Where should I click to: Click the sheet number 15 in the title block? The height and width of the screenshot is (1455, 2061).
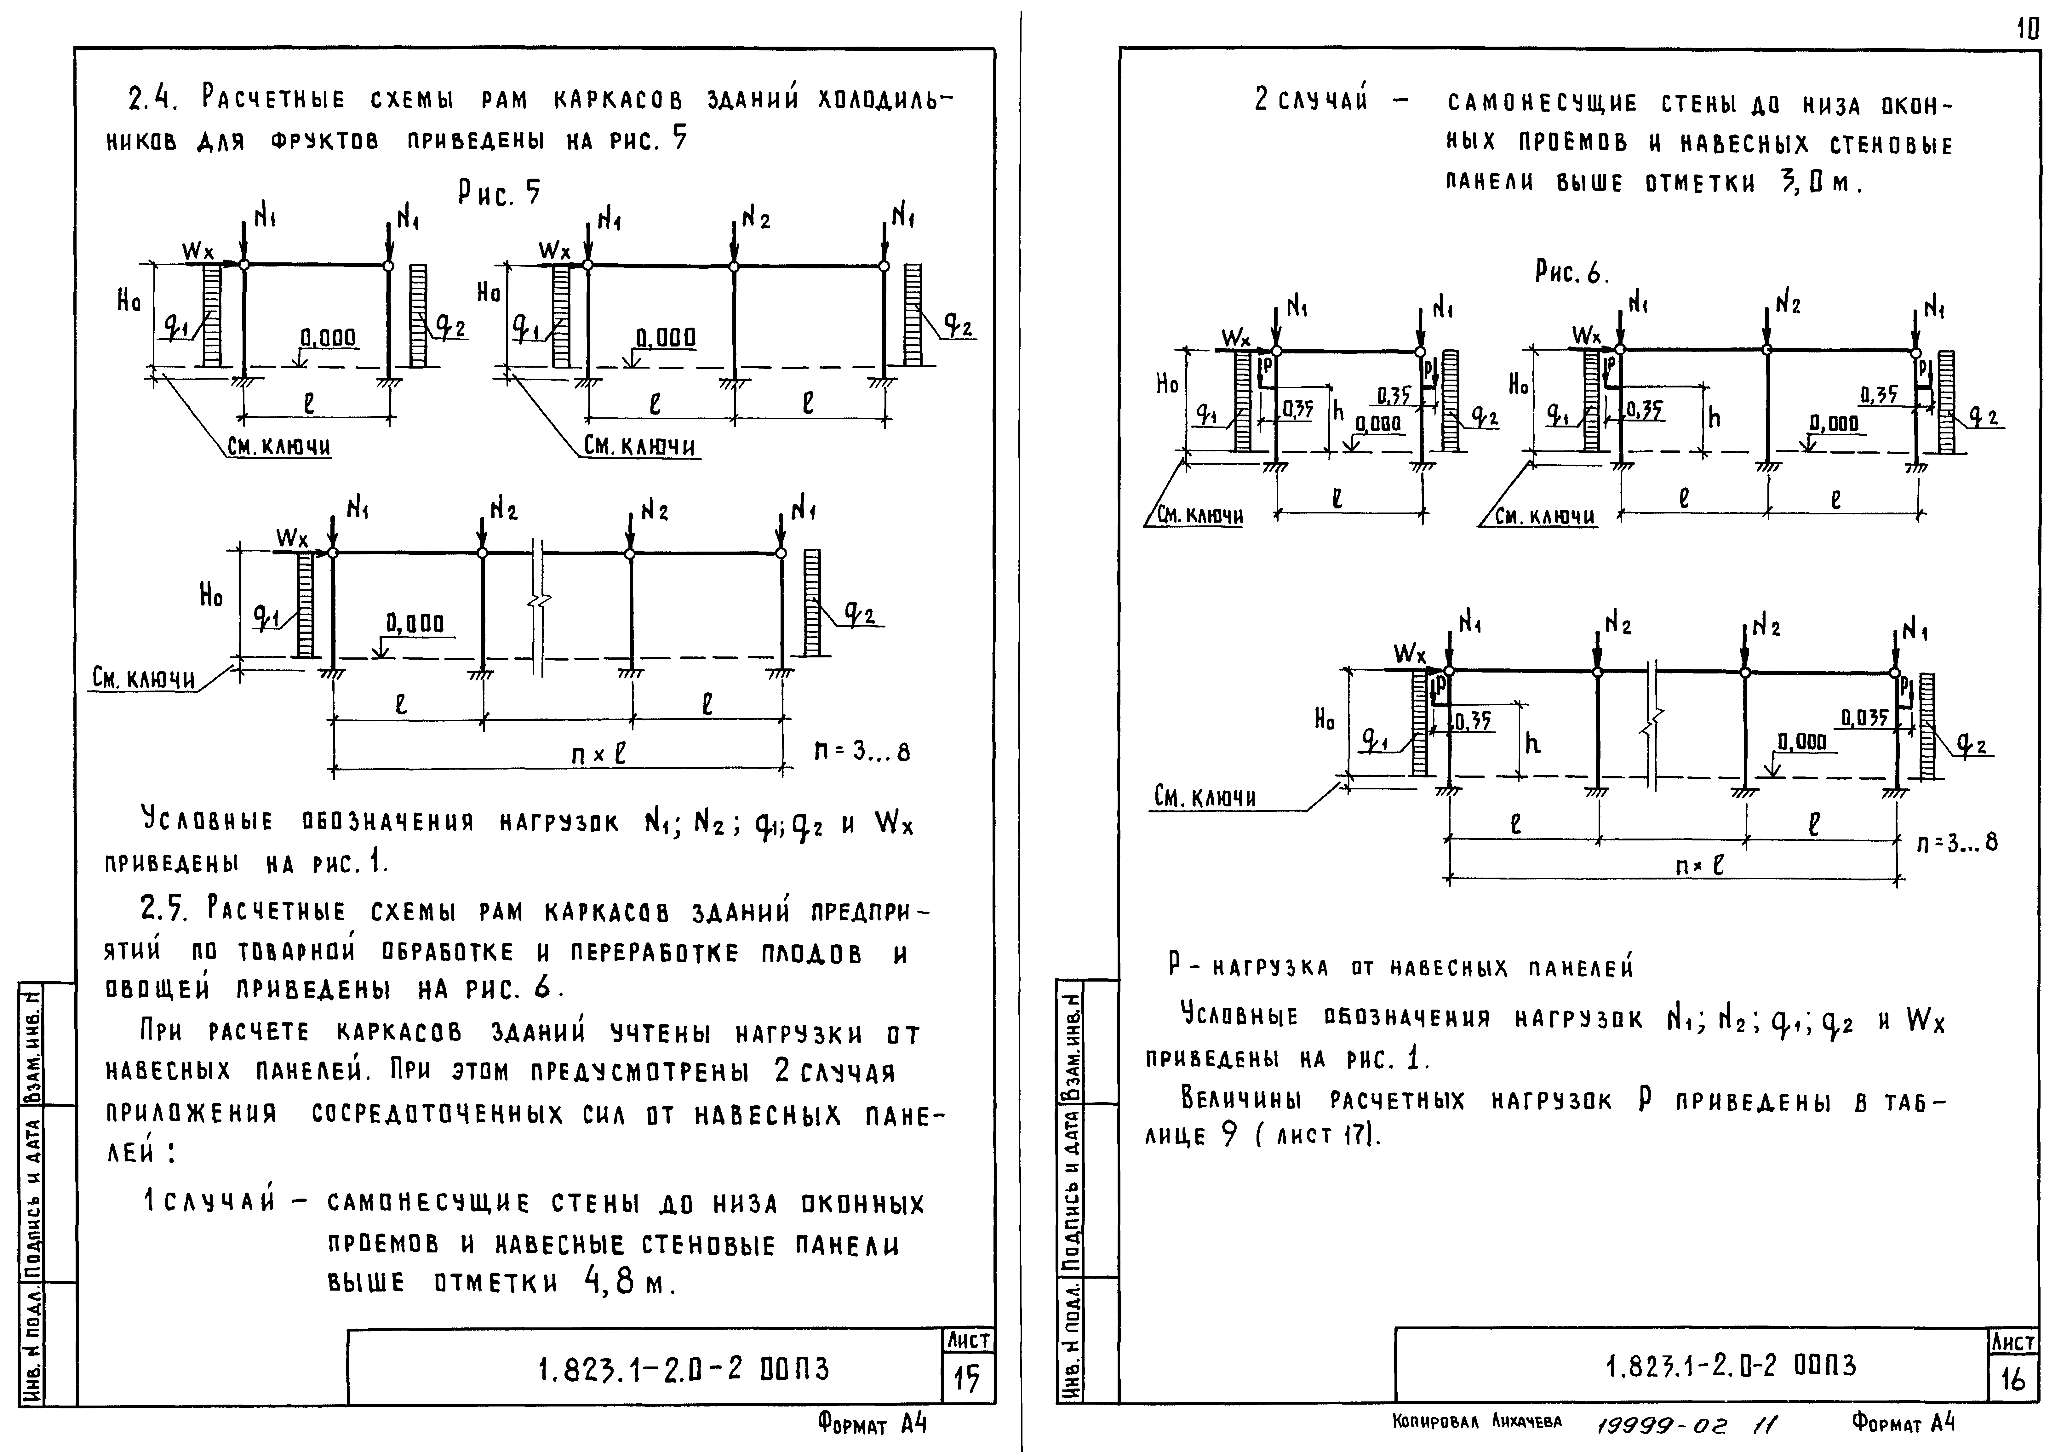coord(967,1379)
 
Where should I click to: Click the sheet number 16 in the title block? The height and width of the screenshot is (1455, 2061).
coord(2012,1379)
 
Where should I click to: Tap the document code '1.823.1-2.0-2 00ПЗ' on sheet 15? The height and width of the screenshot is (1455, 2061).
coord(683,1370)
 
